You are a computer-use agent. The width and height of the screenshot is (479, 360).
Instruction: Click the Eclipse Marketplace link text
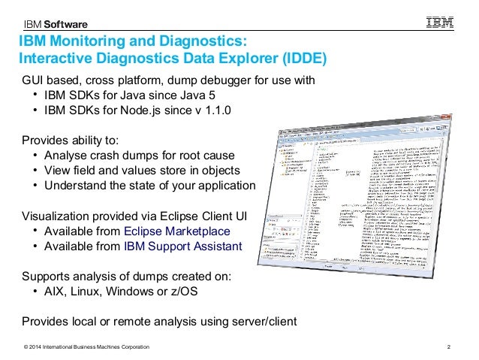(x=177, y=231)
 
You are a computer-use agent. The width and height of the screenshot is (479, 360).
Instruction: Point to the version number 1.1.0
(x=215, y=110)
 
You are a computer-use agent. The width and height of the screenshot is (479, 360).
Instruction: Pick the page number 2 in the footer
(x=449, y=346)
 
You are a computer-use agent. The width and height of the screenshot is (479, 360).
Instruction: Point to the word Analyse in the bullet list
(x=67, y=156)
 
